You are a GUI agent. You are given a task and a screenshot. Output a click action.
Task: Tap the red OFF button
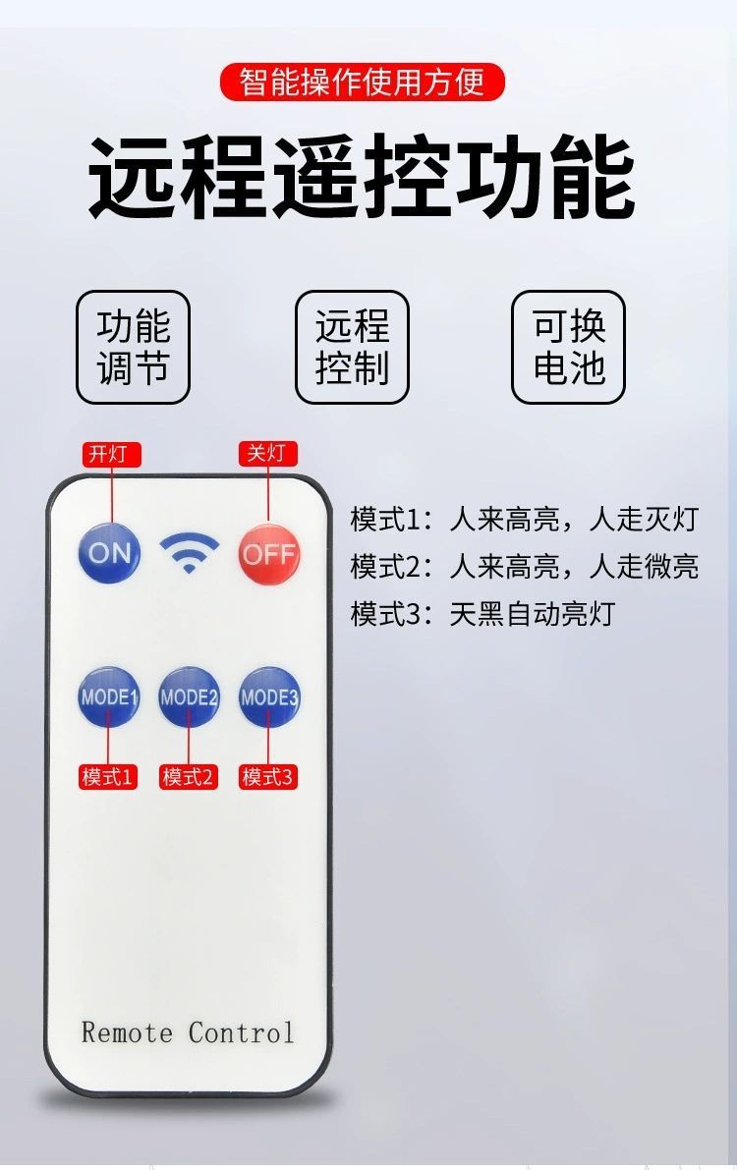pos(268,553)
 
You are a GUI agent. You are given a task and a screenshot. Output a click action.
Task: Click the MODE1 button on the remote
pos(109,697)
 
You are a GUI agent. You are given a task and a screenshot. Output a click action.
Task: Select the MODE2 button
pos(189,697)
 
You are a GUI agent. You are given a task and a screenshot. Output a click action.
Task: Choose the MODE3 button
pos(268,697)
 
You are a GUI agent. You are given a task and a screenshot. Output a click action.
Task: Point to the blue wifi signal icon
pos(190,554)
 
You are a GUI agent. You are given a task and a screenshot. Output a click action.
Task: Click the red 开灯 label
pos(111,454)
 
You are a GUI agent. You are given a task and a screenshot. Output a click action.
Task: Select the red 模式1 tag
pos(108,777)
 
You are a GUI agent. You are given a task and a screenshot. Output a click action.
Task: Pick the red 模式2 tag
pos(189,777)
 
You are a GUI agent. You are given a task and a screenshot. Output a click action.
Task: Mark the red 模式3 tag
pos(268,777)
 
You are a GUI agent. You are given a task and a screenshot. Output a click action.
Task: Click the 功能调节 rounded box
pos(134,348)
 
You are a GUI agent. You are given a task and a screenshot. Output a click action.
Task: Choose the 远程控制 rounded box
pos(352,348)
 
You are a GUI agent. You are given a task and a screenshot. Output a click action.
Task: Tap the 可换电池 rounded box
pos(568,348)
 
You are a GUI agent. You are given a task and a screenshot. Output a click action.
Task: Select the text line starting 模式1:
pos(524,519)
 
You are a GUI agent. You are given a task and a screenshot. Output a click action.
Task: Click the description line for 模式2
pos(524,567)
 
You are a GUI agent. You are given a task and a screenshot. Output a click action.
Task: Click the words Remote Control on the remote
pos(188,1032)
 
